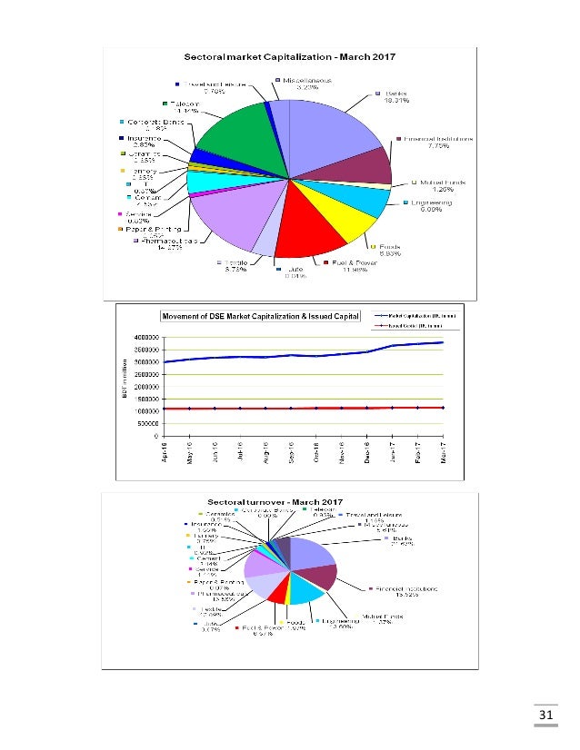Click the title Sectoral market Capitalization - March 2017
261,58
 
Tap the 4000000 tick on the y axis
145,337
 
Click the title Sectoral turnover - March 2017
261,502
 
